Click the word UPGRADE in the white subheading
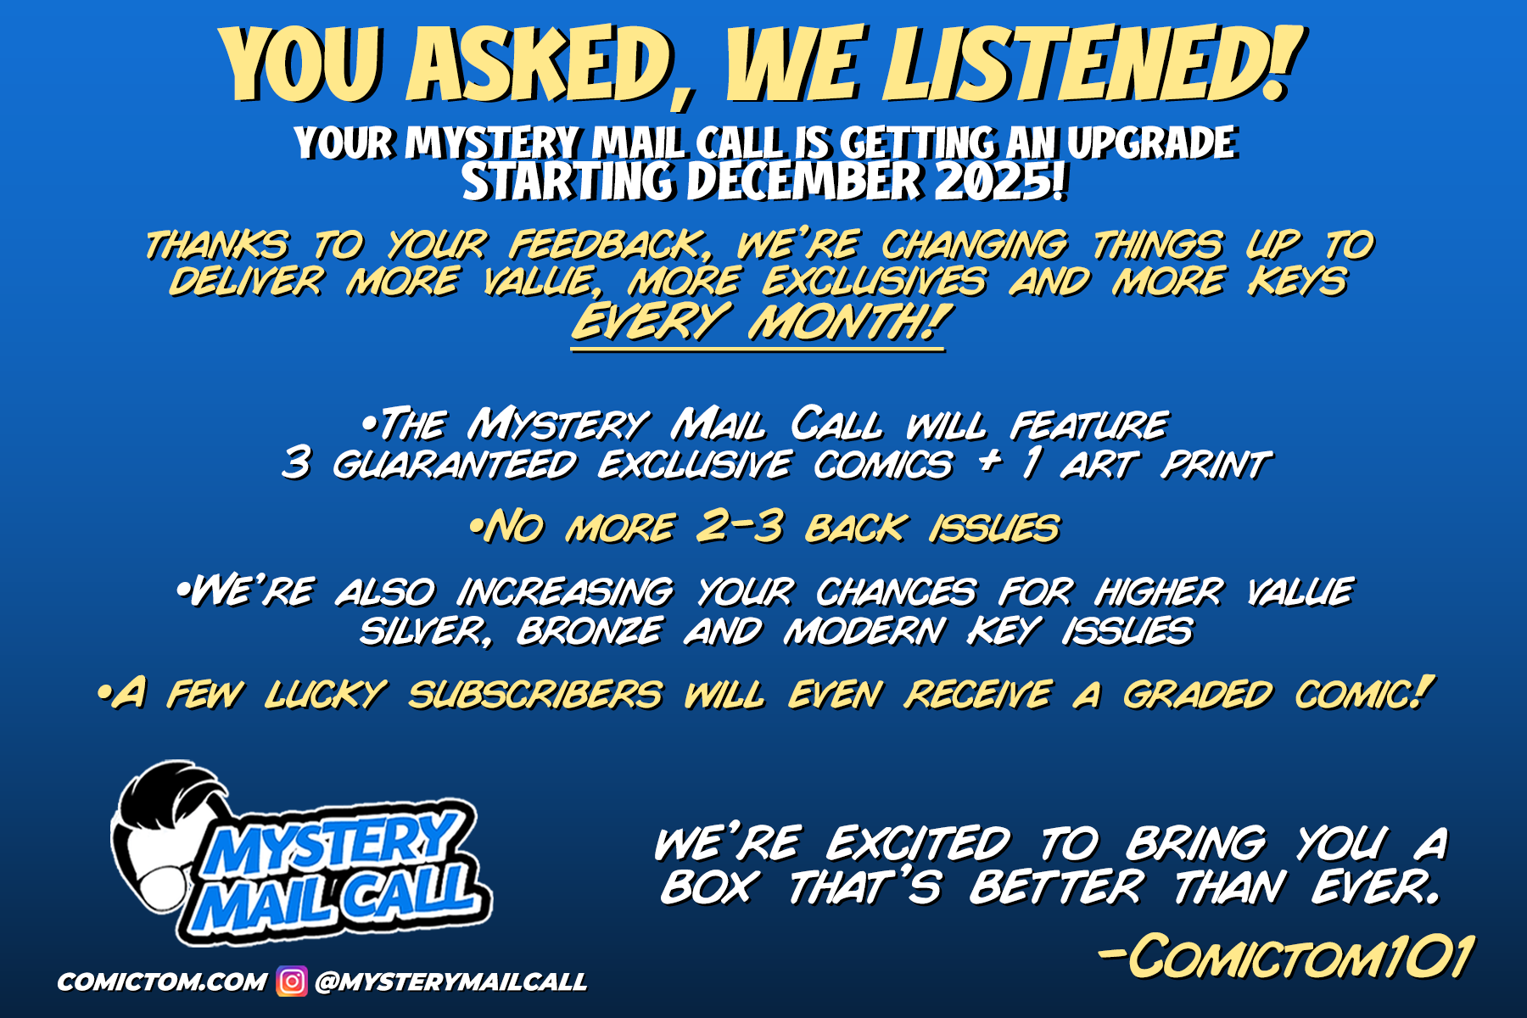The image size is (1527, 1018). click(x=1152, y=143)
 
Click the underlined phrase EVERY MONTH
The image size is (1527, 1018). click(x=758, y=322)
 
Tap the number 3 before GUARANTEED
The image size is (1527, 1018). click(x=296, y=463)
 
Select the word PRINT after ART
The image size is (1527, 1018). click(x=1217, y=464)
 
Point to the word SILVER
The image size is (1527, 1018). click(x=426, y=631)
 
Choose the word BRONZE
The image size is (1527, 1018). click(x=590, y=631)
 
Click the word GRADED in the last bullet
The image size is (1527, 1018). click(x=1198, y=694)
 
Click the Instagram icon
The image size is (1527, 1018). click(x=292, y=982)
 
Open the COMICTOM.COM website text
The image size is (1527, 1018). click(x=161, y=982)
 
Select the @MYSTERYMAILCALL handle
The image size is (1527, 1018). click(x=450, y=982)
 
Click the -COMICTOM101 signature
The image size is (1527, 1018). click(x=1286, y=957)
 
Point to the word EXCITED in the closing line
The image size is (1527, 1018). click(x=920, y=843)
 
